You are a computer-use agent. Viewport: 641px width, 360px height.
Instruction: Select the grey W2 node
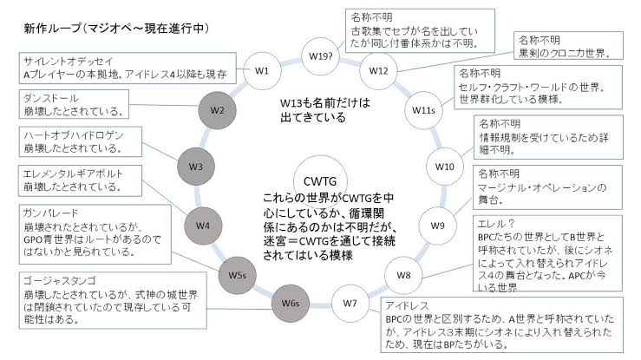pos(219,110)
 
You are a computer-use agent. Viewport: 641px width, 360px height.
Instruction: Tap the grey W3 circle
pos(195,165)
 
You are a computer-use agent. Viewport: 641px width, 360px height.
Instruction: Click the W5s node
pos(237,274)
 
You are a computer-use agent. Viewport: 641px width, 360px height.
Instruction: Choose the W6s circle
pos(291,304)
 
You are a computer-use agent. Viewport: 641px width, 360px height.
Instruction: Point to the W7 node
pos(350,304)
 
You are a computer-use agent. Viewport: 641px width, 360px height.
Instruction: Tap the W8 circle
pos(403,274)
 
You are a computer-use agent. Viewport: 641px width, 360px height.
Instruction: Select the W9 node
pos(438,225)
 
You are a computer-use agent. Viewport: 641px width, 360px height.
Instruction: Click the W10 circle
pos(444,165)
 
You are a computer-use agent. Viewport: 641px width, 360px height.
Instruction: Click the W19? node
pos(320,55)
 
